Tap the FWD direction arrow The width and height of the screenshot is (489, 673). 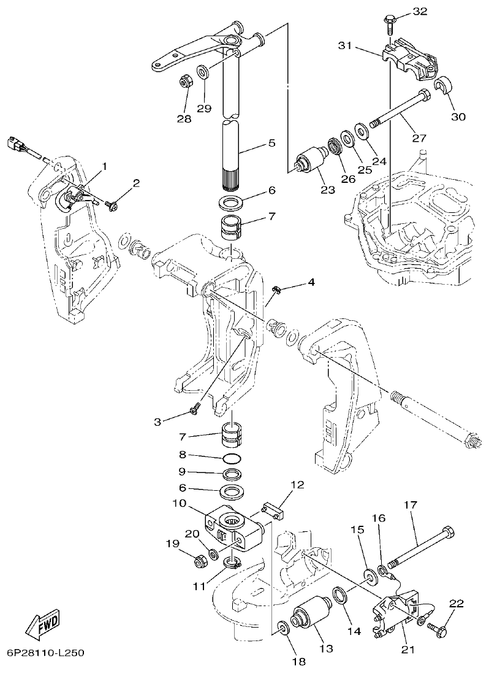[x=44, y=625]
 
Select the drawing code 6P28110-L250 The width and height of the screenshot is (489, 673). [x=46, y=652]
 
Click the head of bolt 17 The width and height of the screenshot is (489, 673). [x=447, y=530]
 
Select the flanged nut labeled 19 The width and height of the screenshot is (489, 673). [x=199, y=560]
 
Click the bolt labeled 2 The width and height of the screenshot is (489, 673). [x=113, y=206]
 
